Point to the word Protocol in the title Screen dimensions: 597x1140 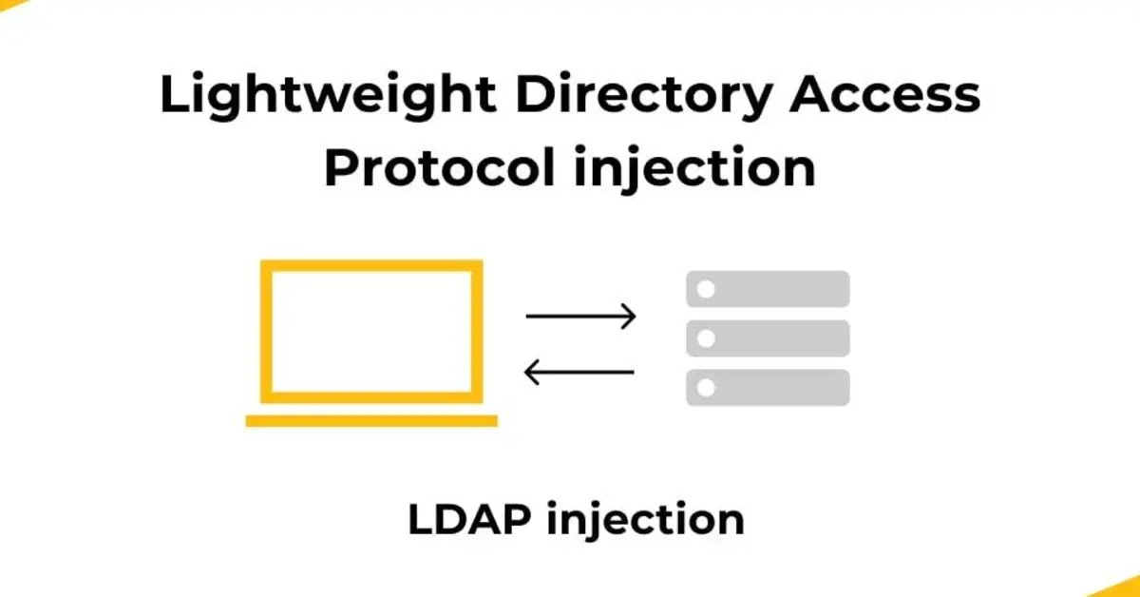pos(440,169)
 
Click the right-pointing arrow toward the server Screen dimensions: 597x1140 pos(580,317)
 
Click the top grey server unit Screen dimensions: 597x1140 pos(768,289)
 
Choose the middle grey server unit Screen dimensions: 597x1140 pos(768,338)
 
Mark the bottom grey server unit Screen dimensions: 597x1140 pos(768,387)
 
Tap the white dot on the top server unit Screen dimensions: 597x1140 pos(705,289)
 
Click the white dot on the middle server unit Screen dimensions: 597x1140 pos(705,338)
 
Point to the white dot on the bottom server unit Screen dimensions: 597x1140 pos(705,387)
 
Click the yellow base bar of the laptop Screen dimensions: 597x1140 pos(371,420)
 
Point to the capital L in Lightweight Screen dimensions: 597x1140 pos(172,96)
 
